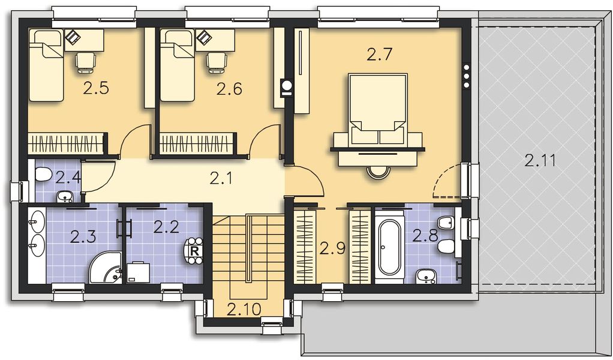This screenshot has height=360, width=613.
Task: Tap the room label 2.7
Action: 379,55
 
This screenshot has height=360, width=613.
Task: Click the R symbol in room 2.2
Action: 194,251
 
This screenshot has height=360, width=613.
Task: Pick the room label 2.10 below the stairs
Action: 244,310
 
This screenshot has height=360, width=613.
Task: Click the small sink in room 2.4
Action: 64,196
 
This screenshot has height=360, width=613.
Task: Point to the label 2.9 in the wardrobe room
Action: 332,248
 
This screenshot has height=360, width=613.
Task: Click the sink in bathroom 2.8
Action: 426,276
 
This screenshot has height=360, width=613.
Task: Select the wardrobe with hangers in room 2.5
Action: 67,144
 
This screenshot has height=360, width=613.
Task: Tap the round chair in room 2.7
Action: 378,172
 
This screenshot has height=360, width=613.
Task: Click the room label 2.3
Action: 83,236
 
